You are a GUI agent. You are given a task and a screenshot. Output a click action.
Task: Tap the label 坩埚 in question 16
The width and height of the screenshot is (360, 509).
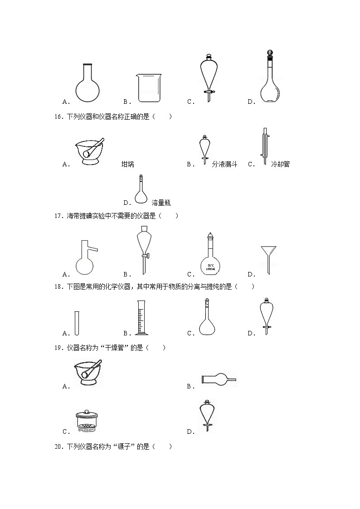[x=128, y=164]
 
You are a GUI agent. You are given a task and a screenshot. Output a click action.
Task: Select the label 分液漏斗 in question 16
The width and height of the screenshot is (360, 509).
[x=224, y=164]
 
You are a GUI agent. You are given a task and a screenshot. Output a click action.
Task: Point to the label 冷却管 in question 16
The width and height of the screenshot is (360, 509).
[x=280, y=164]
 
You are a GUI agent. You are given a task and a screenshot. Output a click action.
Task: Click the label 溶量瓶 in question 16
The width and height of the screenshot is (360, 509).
[x=161, y=203]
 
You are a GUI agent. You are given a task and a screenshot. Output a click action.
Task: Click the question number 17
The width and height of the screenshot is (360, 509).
[x=58, y=216]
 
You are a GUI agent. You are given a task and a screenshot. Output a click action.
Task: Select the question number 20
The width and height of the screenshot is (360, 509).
[x=58, y=447]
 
